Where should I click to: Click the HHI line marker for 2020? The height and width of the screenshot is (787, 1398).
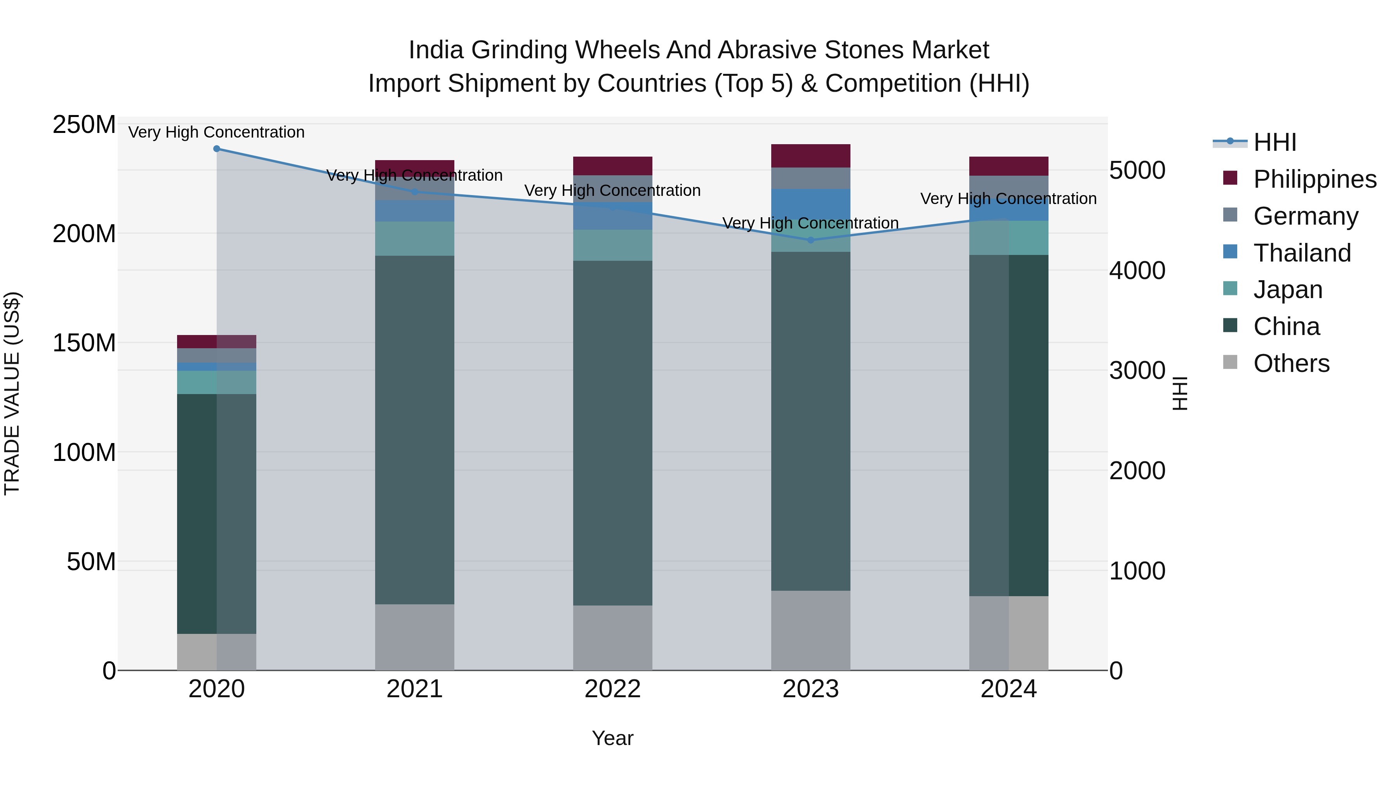point(217,149)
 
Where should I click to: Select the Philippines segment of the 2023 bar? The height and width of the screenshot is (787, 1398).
point(811,156)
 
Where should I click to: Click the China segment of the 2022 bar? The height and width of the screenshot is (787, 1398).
point(613,433)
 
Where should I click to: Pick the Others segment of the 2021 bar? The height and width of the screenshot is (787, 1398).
point(415,637)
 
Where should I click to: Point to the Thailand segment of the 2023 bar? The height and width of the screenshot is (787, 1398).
point(811,204)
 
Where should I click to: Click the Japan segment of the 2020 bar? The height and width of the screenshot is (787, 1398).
point(217,382)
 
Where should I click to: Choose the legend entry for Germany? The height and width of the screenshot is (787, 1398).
point(1305,216)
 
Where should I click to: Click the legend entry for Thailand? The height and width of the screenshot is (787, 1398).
point(1301,253)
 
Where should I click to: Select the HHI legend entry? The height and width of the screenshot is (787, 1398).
point(1274,142)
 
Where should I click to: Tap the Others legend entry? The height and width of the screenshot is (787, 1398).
point(1290,363)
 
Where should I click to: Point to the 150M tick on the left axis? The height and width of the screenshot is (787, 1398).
point(84,343)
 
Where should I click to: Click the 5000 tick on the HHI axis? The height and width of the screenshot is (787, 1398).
point(1137,171)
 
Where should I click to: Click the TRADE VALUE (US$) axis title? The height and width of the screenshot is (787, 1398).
point(12,393)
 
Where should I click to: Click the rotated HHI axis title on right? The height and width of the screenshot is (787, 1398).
point(1180,393)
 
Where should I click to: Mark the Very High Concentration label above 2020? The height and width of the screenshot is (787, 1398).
point(217,133)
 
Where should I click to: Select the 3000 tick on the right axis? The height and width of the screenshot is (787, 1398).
point(1137,371)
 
